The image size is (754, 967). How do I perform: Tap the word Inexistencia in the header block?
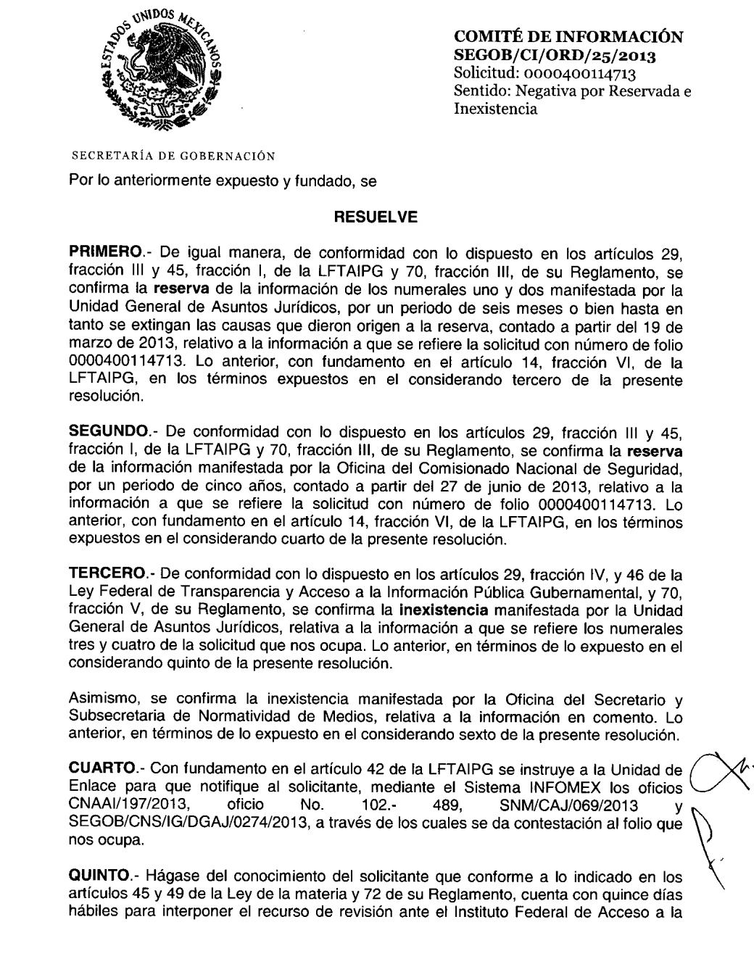pyautogui.click(x=495, y=109)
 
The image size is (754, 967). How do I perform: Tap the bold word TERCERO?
pyautogui.click(x=105, y=576)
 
